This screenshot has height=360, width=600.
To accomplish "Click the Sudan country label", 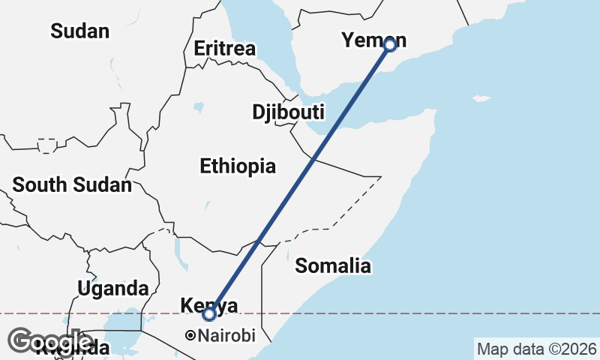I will tap(79, 31).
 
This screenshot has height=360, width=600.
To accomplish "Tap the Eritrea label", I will tap(224, 49).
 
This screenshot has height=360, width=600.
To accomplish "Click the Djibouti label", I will tap(288, 112).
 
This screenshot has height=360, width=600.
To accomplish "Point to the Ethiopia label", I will tap(238, 166).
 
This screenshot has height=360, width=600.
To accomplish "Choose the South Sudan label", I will tap(72, 184).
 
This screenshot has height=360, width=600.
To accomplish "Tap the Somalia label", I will tap(333, 265).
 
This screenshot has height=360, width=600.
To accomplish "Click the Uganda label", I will tap(112, 289).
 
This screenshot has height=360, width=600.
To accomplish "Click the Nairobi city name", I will tap(226, 336).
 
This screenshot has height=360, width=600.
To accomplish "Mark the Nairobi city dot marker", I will tap(190, 335).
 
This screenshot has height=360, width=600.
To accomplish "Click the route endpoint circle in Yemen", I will tap(390, 44).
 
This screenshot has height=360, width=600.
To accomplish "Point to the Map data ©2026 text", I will tap(537, 349).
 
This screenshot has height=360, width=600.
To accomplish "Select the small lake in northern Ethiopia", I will tap(198, 108).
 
